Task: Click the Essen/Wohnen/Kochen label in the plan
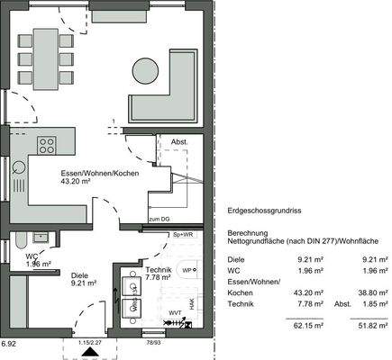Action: pos(99,173)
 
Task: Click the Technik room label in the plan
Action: pos(158,269)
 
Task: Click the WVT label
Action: pos(173,312)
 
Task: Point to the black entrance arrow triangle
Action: pos(88,353)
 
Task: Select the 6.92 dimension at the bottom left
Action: pos(9,343)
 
